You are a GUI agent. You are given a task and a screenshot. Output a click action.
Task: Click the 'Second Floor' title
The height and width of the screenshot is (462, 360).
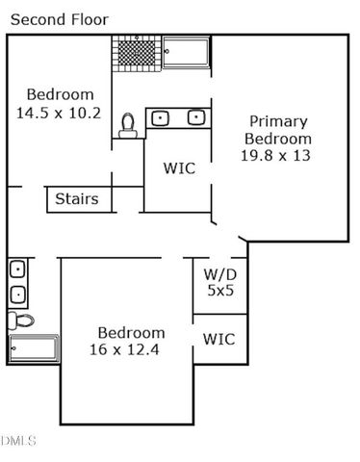60,19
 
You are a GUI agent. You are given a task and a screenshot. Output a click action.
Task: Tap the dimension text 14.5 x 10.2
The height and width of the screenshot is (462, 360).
60,113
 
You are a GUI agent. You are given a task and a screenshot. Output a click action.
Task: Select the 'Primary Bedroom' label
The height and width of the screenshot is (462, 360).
278,130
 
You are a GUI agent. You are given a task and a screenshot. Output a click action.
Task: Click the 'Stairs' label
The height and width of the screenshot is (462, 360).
76,199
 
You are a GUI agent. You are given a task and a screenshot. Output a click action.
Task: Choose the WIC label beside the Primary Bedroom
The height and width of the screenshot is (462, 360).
179,167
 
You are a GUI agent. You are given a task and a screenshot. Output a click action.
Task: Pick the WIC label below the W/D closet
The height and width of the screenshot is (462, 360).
219,339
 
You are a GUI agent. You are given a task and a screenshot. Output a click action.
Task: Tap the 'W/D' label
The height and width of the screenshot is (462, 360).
219,273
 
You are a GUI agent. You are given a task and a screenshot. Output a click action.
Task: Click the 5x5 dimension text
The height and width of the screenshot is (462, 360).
219,290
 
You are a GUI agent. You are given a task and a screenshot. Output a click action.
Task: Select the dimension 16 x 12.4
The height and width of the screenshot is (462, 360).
125,349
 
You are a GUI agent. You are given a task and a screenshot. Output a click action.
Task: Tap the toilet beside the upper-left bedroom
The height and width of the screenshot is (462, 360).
128,124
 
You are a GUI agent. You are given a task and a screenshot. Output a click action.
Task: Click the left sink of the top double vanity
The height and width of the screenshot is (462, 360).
162,118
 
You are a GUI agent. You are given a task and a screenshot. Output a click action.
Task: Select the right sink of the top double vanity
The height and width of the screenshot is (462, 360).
195,118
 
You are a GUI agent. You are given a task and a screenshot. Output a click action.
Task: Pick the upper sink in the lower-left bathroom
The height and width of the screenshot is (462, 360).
17,269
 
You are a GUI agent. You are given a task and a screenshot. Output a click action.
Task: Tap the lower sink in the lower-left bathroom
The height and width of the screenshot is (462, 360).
17,294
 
